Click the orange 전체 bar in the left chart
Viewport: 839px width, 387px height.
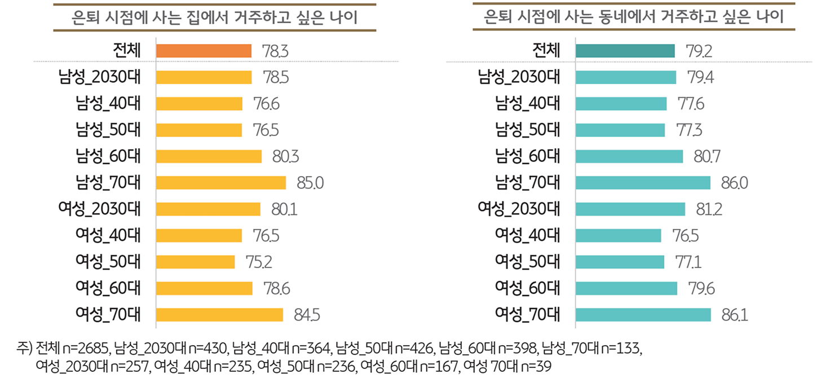(x=204, y=51)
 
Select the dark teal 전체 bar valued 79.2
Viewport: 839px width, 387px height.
(x=625, y=51)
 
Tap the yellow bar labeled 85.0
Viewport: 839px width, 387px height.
(x=221, y=183)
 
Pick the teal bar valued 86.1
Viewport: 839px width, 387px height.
(x=643, y=315)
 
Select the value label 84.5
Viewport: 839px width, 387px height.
(x=307, y=315)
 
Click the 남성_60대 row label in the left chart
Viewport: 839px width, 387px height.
(x=108, y=156)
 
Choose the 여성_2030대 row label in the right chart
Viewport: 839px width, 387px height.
(x=519, y=209)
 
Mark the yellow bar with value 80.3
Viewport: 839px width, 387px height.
(x=209, y=156)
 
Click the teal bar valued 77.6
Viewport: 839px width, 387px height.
(x=621, y=104)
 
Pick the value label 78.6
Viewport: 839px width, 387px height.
(x=277, y=288)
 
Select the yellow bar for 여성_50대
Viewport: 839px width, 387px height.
(x=195, y=262)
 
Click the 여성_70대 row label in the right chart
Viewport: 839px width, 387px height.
(x=528, y=315)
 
